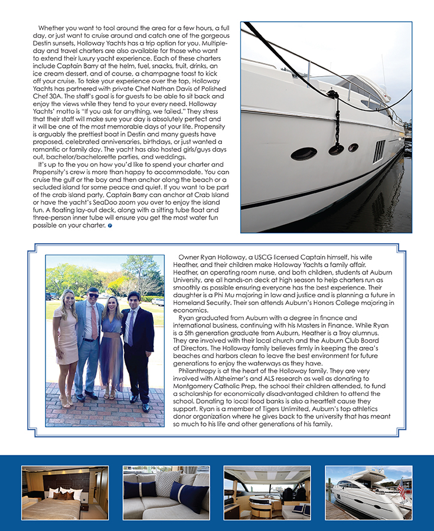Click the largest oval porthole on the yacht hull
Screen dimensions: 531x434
(x=304, y=154)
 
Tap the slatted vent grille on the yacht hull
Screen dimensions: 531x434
(x=378, y=151)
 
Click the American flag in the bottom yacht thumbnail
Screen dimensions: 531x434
(x=401, y=489)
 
